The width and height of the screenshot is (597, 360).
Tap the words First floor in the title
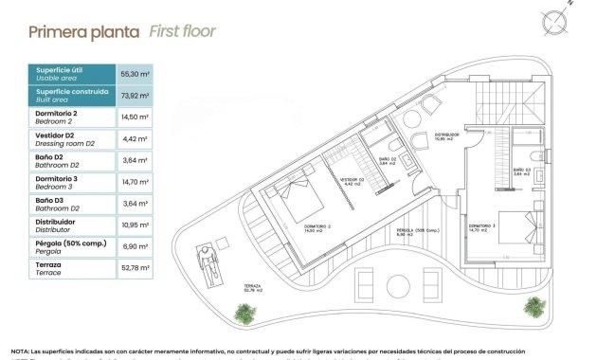[x=183, y=31]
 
